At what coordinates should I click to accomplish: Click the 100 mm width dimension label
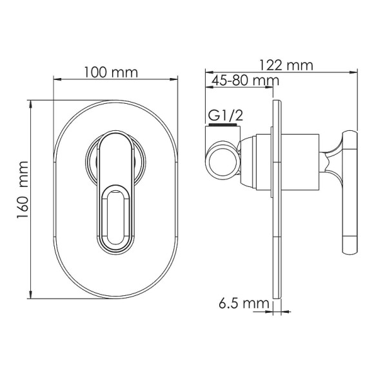tap(111, 72)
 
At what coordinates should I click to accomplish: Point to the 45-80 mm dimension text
tap(242, 81)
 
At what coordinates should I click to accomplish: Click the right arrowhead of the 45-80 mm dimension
tap(274, 86)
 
